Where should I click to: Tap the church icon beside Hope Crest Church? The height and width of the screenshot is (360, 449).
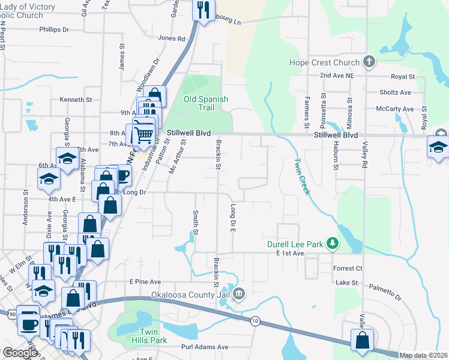(369, 62)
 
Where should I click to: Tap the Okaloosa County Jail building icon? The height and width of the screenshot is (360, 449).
(239, 293)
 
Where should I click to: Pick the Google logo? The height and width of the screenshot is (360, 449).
(20, 353)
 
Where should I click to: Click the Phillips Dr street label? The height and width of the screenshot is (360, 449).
(54, 29)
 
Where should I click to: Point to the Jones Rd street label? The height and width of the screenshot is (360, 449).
(172, 38)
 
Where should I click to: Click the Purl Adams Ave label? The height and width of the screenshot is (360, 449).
(205, 347)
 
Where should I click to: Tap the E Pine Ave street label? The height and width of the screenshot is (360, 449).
(145, 281)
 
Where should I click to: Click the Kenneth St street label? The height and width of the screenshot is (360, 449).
(76, 100)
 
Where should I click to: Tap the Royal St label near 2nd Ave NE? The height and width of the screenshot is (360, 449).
(403, 77)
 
